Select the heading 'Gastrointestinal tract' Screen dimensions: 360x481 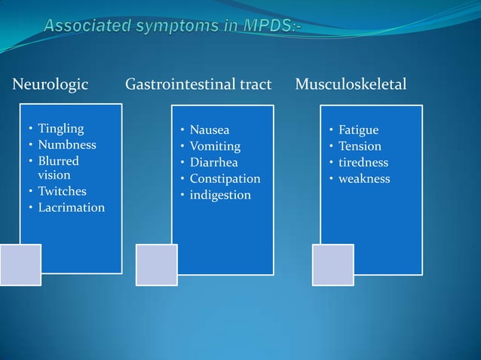click(198, 84)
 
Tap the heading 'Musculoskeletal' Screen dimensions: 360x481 click(351, 84)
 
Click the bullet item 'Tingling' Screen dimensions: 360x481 click(61, 129)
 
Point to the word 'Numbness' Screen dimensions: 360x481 click(67, 145)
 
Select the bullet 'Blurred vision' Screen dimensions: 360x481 click(58, 167)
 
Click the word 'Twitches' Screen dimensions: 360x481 click(62, 191)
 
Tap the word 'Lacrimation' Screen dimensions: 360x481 click(72, 207)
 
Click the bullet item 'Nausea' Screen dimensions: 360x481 click(209, 130)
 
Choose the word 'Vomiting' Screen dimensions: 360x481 click(215, 146)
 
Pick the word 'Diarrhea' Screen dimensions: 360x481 click(214, 163)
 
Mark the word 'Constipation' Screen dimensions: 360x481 click(225, 179)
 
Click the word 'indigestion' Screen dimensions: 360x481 click(220, 195)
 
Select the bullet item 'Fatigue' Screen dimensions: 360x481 click(358, 130)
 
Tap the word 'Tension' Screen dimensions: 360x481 click(360, 146)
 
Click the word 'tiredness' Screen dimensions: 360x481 click(363, 163)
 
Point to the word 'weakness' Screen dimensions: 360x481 click(364, 179)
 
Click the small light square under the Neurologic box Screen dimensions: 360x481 click(20, 265)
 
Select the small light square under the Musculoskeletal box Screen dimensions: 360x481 click(332, 265)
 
